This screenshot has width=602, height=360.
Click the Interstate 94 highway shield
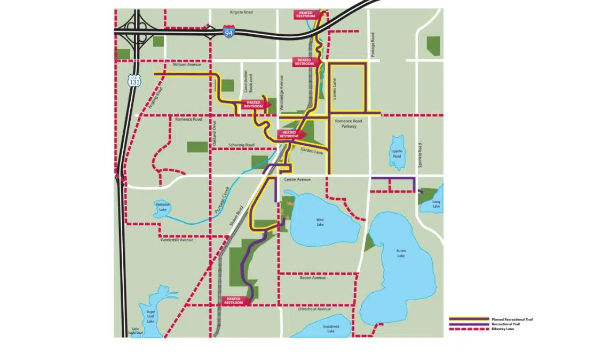coord(229,31)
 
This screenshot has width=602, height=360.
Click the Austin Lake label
coord(401,253)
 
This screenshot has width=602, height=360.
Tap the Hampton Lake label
coord(162,207)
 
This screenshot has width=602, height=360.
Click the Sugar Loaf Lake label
coord(150,316)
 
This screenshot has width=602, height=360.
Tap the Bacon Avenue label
coord(313,278)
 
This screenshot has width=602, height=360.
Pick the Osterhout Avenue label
coord(315,309)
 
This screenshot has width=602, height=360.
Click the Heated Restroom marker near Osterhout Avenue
coord(235,301)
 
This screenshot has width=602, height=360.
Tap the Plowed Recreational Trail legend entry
coord(490,319)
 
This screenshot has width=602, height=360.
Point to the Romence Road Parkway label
coord(346,124)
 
